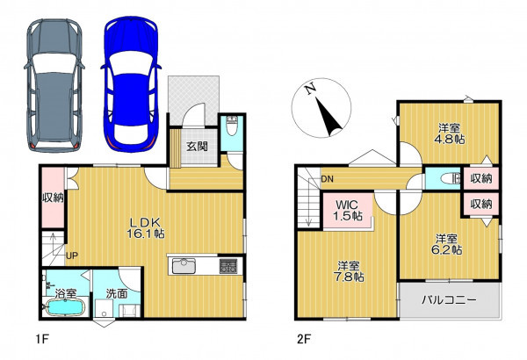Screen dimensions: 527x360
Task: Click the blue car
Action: pyautogui.click(x=131, y=84)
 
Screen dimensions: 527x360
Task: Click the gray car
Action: pyautogui.click(x=54, y=85)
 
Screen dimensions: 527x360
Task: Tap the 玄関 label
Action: pyautogui.click(x=198, y=147)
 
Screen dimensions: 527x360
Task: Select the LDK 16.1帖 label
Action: pyautogui.click(x=146, y=227)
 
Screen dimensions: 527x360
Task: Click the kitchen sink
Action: pyautogui.click(x=184, y=267)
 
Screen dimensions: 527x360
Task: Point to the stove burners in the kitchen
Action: pyautogui.click(x=228, y=267)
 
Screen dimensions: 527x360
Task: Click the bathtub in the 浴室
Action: pyautogui.click(x=65, y=307)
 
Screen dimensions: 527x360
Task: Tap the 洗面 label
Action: pyautogui.click(x=117, y=294)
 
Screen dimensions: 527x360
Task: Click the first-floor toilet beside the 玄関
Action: pyautogui.click(x=232, y=126)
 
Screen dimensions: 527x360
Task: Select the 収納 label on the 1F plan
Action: pyautogui.click(x=53, y=198)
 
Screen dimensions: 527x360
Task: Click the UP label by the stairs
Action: pyautogui.click(x=72, y=256)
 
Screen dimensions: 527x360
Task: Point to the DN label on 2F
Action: pyautogui.click(x=327, y=179)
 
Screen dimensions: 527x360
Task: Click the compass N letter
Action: pyautogui.click(x=310, y=89)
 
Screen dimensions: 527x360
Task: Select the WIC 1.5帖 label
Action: pyautogui.click(x=348, y=210)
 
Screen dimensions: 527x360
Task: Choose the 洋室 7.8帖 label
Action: pyautogui.click(x=349, y=271)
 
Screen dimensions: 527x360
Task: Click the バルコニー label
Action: pyautogui.click(x=449, y=299)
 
